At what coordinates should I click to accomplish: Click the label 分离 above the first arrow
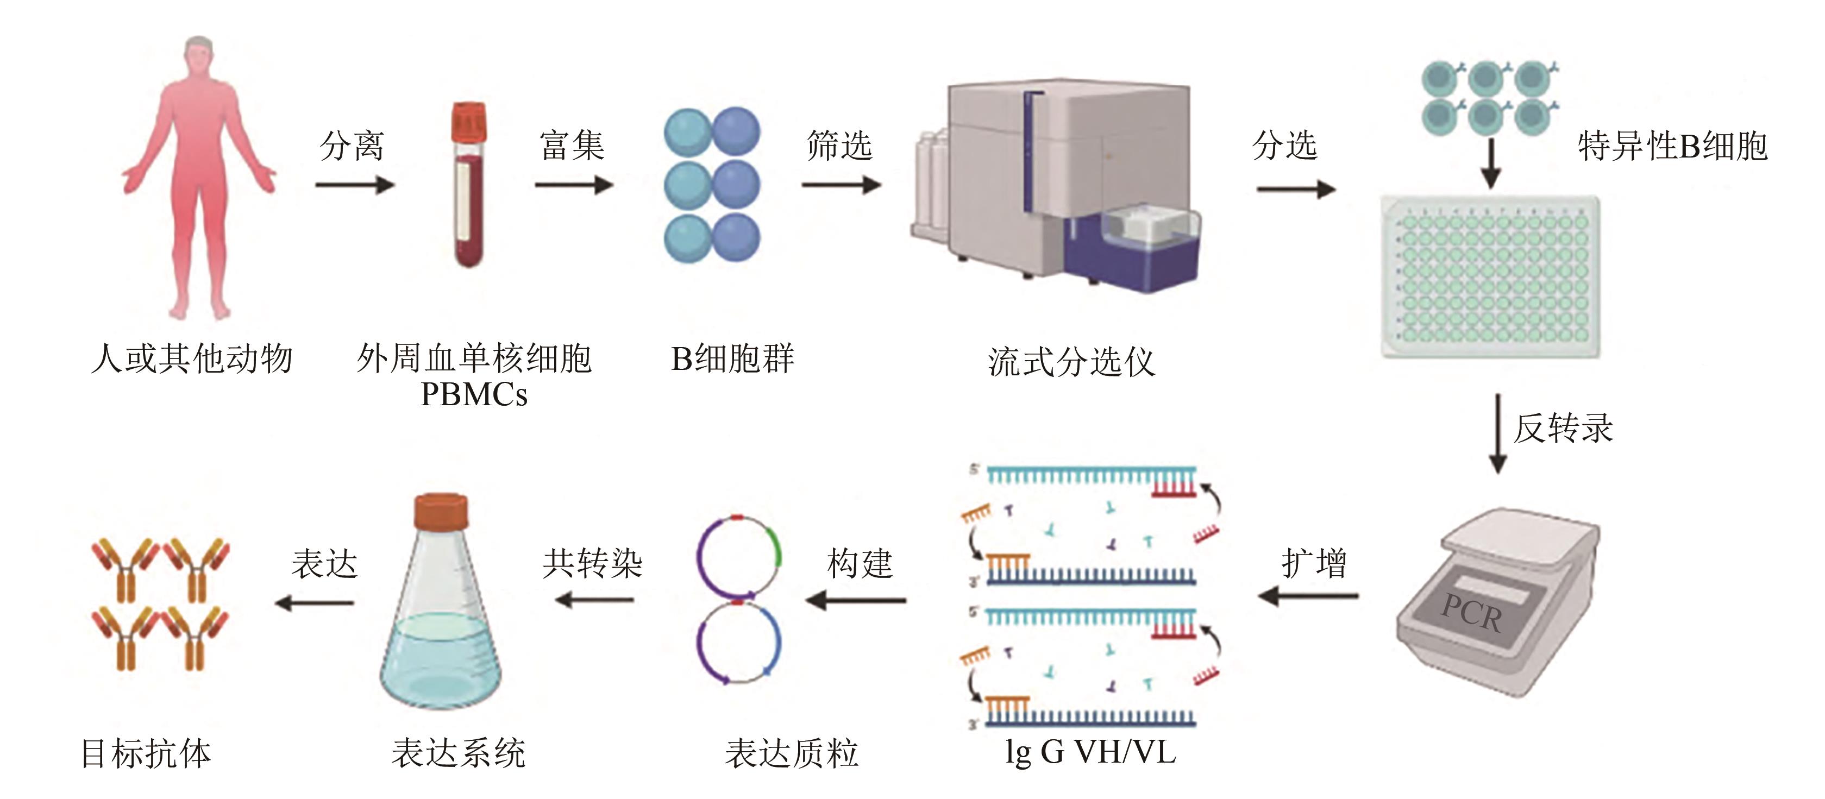[352, 146]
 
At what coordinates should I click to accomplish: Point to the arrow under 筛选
[841, 186]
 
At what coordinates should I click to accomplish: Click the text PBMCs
[474, 394]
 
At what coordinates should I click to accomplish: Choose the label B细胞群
[732, 358]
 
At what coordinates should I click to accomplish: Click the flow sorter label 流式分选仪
[1071, 362]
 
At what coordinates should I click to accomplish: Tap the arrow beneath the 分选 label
[1296, 189]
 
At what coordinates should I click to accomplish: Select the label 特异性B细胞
[1672, 147]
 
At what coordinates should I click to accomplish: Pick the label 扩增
[1314, 564]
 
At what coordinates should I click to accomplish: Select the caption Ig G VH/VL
[1090, 752]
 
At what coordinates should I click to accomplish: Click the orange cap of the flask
[441, 512]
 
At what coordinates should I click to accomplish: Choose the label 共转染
[592, 564]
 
